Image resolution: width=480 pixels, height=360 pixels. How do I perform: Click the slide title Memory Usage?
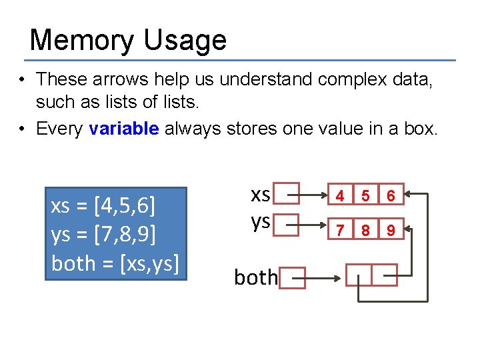click(x=128, y=40)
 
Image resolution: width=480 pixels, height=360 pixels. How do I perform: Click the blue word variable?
click(x=124, y=129)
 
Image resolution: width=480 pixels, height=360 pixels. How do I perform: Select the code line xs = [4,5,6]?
click(x=103, y=206)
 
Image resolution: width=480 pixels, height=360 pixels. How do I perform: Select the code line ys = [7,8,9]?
click(x=103, y=235)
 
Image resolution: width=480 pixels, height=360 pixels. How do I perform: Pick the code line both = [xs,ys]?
click(x=115, y=263)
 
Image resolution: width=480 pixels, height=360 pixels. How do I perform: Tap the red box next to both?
click(x=292, y=277)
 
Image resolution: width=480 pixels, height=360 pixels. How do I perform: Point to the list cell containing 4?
click(x=340, y=196)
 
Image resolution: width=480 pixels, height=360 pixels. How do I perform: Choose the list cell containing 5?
click(x=365, y=196)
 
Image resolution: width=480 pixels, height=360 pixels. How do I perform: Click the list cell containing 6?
click(x=391, y=196)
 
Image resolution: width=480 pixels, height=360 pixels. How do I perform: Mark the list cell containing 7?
click(x=340, y=231)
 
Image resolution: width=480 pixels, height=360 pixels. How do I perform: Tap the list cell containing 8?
click(x=365, y=231)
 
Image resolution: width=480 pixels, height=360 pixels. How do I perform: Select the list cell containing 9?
click(x=391, y=231)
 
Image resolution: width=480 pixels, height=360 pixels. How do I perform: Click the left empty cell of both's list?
click(x=359, y=275)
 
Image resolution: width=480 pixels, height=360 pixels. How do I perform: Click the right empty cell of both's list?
click(x=384, y=275)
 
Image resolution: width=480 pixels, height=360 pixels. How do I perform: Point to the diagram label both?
click(x=255, y=277)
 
